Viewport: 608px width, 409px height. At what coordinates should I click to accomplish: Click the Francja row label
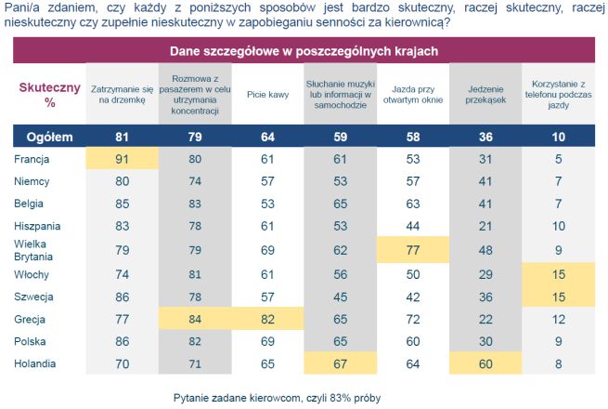pyautogui.click(x=32, y=159)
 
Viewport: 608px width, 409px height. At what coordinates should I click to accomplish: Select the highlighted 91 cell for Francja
pyautogui.click(x=119, y=159)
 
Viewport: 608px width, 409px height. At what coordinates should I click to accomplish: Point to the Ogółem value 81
pyautogui.click(x=119, y=137)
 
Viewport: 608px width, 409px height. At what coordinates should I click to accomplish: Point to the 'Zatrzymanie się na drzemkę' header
pyautogui.click(x=119, y=94)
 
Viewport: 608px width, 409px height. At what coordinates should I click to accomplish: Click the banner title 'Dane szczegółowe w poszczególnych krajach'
pyautogui.click(x=304, y=50)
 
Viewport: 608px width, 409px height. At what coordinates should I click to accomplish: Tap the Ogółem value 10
pyautogui.click(x=557, y=137)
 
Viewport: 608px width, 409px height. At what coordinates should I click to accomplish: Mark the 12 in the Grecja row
pyautogui.click(x=557, y=319)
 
